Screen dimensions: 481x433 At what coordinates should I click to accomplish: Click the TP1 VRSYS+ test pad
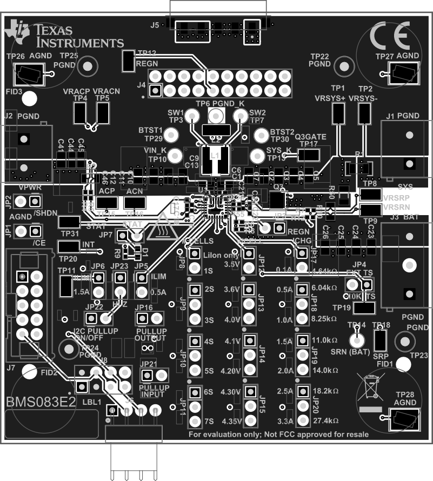[x=338, y=113]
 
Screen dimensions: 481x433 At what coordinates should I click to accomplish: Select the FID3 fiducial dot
[x=30, y=98]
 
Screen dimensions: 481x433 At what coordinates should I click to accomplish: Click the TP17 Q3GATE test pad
[x=308, y=155]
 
